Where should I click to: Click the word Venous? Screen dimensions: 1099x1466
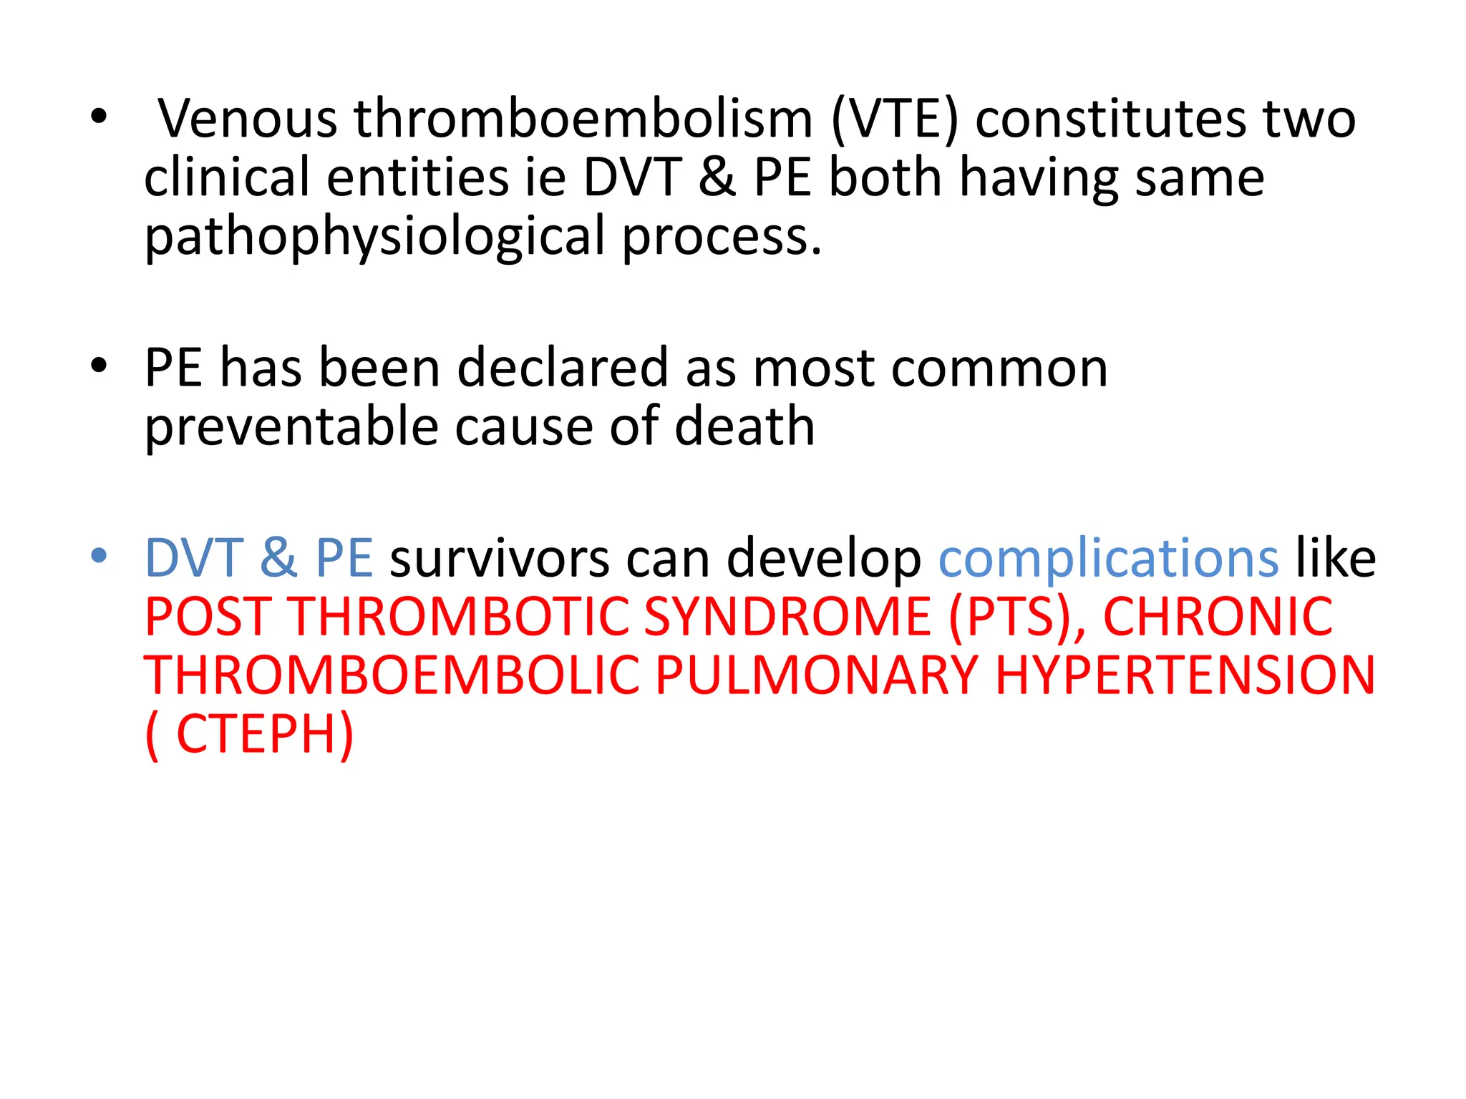tap(247, 119)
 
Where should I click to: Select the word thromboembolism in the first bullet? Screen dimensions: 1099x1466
tap(583, 119)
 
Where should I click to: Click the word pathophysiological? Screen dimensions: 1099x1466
tap(375, 237)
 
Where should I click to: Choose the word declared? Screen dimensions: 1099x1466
tap(562, 368)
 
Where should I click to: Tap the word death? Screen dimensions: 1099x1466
tap(744, 427)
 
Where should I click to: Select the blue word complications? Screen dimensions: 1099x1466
tap(1108, 558)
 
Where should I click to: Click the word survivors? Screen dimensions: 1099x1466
tap(498, 558)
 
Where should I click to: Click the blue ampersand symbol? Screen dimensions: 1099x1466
tap(278, 558)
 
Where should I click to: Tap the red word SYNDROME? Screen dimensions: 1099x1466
tap(787, 617)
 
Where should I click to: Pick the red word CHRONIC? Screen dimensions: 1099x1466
tap(1218, 617)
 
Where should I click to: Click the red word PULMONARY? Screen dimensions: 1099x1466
tap(816, 675)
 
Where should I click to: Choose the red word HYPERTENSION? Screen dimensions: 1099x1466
tap(1185, 675)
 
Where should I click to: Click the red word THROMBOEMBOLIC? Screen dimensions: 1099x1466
tap(392, 675)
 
